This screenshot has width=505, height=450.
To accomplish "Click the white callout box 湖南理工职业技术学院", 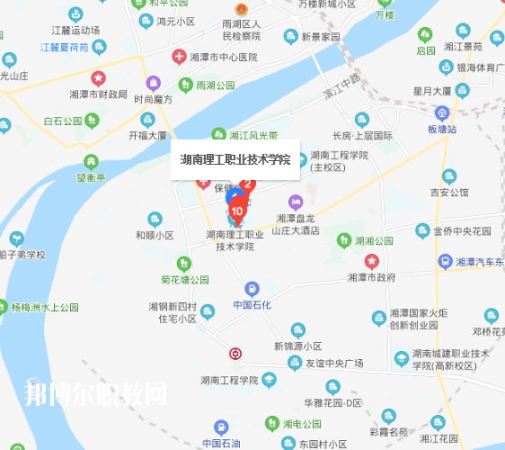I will coord(235,160).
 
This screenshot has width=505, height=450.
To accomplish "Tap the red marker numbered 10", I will coord(236,211).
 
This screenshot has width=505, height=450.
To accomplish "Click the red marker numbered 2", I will coord(249,184).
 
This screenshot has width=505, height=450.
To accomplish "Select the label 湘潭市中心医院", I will coord(224,56).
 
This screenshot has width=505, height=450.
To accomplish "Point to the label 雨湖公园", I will coord(215,85).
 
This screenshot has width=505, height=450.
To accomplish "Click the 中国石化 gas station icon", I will coord(252,289).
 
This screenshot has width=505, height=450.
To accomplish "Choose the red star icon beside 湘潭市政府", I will coord(371,261).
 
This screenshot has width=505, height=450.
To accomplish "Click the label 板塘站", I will coord(442,129).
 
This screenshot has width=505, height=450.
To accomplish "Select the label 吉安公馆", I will coord(449,192).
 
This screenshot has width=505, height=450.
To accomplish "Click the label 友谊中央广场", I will coord(333,363).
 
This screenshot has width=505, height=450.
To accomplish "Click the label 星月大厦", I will coord(431,91).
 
